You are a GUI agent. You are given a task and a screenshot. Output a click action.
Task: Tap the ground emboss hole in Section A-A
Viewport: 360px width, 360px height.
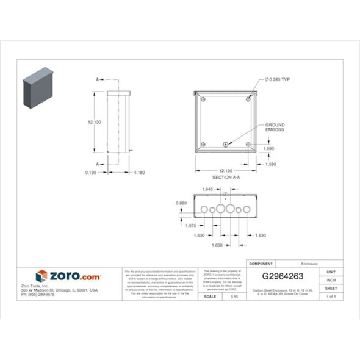click(226, 145)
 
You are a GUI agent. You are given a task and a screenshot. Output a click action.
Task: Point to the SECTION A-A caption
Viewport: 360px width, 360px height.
click(226, 177)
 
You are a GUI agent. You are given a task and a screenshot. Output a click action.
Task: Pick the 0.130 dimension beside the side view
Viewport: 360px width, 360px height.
click(92, 173)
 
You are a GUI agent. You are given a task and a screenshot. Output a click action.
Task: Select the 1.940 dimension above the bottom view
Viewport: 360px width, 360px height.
click(206, 190)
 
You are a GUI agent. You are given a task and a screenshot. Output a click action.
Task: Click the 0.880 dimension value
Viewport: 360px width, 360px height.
click(181, 203)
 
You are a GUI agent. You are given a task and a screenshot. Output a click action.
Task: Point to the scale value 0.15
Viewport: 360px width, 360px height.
click(234, 296)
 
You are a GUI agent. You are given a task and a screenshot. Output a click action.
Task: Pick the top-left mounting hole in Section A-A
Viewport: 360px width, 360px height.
click(203, 99)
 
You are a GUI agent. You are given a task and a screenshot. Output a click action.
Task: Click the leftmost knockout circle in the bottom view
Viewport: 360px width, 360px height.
click(203, 209)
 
